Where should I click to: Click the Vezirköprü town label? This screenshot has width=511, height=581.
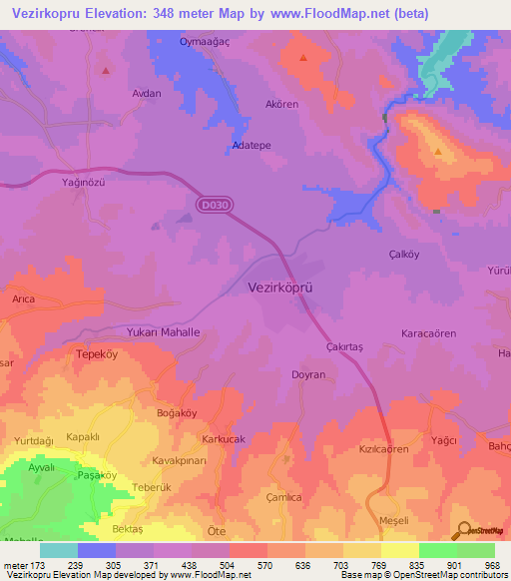point(280,287)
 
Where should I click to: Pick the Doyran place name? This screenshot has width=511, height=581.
point(308,374)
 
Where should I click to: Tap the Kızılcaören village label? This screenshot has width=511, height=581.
point(384,450)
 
